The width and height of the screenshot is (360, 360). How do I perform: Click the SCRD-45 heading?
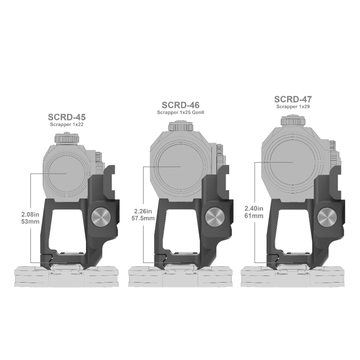pyautogui.click(x=67, y=117)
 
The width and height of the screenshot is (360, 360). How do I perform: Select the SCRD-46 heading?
pyautogui.click(x=180, y=105)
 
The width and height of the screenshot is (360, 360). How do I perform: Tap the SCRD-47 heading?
pyautogui.click(x=293, y=99)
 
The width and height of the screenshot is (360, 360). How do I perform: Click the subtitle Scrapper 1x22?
pyautogui.click(x=67, y=125)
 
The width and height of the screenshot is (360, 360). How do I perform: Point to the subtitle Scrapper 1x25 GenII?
pyautogui.click(x=180, y=112)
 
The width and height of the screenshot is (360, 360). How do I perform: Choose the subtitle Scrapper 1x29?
pyautogui.click(x=293, y=107)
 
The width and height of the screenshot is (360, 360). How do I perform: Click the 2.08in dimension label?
pyautogui.click(x=30, y=215)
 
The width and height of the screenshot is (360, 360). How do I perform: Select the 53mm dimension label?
pyautogui.click(x=30, y=221)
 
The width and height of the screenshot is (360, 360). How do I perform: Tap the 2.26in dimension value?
pyautogui.click(x=143, y=211)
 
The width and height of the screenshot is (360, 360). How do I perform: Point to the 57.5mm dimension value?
pyautogui.click(x=143, y=218)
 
